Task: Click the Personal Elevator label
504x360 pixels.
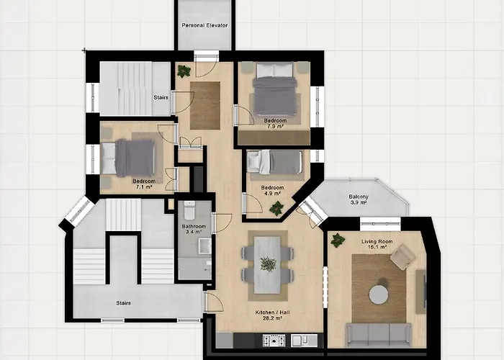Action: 204,25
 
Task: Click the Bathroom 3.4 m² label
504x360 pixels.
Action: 194,230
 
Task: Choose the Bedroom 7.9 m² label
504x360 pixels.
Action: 275,123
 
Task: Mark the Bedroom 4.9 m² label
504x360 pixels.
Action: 272,191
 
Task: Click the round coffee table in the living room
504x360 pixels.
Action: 378,294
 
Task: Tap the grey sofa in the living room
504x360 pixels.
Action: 379,333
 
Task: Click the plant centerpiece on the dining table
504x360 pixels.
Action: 268,264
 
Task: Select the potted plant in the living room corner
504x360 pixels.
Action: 337,240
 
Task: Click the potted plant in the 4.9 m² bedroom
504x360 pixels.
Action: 276,209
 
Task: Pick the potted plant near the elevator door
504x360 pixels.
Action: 184,71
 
